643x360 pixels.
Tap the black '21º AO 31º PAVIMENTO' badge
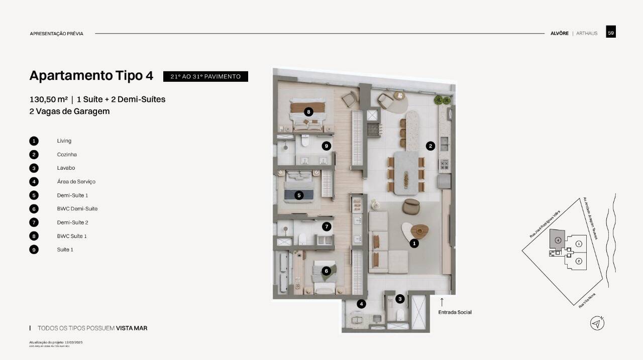coord(205,76)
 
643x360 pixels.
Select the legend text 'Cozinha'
coord(67,155)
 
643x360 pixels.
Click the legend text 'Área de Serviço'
coord(76,182)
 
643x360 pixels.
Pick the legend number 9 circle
coord(34,250)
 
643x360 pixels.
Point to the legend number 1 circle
coord(34,141)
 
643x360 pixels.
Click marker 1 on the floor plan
coord(414,244)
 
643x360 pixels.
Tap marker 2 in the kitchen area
coord(430,146)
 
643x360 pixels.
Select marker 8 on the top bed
coord(308,111)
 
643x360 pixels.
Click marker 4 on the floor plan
coord(361,304)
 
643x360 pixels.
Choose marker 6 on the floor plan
coord(326,271)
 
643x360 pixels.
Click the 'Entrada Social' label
coord(455,312)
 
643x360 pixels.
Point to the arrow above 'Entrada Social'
coord(442,302)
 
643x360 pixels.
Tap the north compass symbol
coord(597,323)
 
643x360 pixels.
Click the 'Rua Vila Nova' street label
coord(588,301)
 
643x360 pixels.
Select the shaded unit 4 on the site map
coord(557,239)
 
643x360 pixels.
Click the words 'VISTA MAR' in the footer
coord(132,328)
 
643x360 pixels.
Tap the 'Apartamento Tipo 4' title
coord(91,76)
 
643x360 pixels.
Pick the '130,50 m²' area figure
coord(49,99)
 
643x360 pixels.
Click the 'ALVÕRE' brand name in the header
coord(559,33)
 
